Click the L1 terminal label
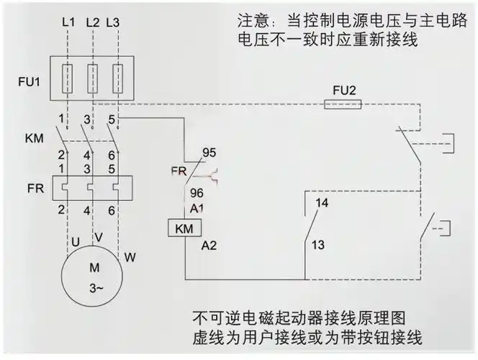pos(68,22)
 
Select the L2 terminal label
pos(91,22)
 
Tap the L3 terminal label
pos(112,22)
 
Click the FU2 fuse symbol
pos(343,104)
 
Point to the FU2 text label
pos(343,90)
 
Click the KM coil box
pos(184,228)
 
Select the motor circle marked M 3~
pos(93,278)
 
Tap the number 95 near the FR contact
pos(209,153)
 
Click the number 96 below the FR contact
pos(196,193)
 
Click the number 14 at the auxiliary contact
pos(322,203)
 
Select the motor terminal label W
pos(130,256)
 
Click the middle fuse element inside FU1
pos(91,74)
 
